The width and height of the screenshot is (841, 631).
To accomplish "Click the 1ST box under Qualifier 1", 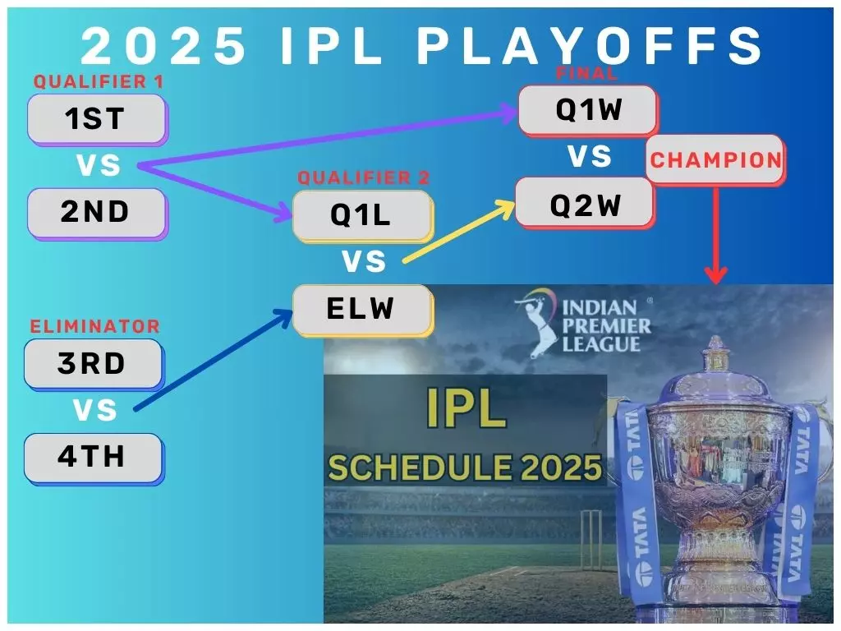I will point(96,120).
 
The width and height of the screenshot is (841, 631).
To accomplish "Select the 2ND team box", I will point(96,213).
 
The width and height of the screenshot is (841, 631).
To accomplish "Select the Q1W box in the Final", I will point(588,110).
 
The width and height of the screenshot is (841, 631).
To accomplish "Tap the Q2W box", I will point(585,203).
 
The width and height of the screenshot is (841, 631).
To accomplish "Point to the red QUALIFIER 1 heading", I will point(98,82).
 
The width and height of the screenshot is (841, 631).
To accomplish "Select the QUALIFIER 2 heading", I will point(363,178).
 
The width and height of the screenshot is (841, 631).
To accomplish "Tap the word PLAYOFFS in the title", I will point(591,47).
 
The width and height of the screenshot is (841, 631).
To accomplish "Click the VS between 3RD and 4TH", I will point(95,410).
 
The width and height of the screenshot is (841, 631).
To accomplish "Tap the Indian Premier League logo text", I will point(606,326).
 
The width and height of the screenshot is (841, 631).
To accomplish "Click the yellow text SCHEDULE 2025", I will point(465,467).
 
